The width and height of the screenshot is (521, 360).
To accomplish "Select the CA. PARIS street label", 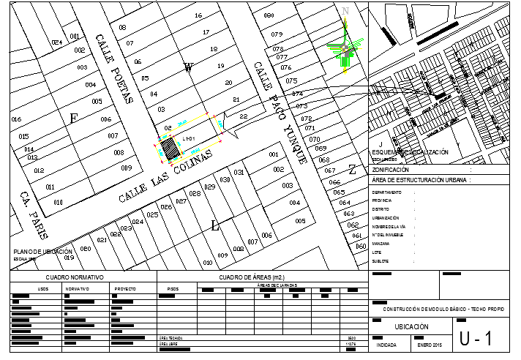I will pyautogui.click(x=34, y=217).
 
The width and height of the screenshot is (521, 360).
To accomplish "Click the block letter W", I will pyautogui.click(x=188, y=69).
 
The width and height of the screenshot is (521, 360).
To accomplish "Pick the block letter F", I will pyautogui.click(x=72, y=118).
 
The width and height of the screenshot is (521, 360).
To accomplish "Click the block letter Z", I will pyautogui.click(x=352, y=170).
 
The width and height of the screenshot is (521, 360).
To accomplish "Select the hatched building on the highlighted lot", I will pyautogui.click(x=170, y=150).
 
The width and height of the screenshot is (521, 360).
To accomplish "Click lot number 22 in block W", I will pyautogui.click(x=244, y=116).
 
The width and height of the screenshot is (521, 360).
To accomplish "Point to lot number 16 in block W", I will pyautogui.click(x=198, y=15).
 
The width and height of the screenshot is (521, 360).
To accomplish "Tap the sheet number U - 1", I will pyautogui.click(x=476, y=339).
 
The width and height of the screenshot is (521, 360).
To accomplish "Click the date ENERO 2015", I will pyautogui.click(x=430, y=344).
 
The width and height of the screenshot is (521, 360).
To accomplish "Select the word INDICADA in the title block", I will pyautogui.click(x=386, y=344).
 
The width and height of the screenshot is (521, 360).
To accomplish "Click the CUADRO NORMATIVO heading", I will pyautogui.click(x=75, y=278).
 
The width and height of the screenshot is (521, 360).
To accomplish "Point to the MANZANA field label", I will pyautogui.click(x=381, y=243).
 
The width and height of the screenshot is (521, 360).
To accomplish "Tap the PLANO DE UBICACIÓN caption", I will pyautogui.click(x=43, y=251).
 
